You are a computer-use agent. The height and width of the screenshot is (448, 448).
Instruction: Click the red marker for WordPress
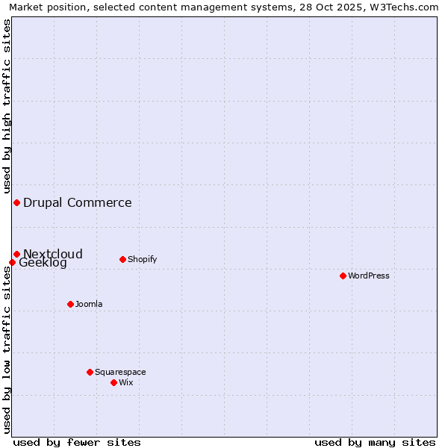tap(343, 276)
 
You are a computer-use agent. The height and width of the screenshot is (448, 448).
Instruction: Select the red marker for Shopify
tap(122, 259)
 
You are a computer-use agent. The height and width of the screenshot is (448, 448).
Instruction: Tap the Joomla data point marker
tap(70, 304)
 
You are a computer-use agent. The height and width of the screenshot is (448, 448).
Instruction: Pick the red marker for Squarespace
tap(90, 372)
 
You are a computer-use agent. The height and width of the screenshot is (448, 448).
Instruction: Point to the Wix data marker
tap(113, 382)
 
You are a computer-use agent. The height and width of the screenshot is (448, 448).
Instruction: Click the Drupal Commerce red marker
tap(16, 202)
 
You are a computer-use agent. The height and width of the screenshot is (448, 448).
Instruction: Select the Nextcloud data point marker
tap(16, 254)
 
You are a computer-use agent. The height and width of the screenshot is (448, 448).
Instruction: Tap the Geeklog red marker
tap(12, 262)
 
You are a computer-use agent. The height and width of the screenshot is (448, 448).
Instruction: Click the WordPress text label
tap(369, 276)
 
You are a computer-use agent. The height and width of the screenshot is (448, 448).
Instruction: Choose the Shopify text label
tap(142, 259)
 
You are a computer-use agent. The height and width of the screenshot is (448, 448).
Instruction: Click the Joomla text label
tap(89, 304)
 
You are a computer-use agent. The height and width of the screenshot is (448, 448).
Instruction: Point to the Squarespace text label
tap(120, 372)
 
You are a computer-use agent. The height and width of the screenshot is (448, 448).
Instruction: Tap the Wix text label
tap(125, 382)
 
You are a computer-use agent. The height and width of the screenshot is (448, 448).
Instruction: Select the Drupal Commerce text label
tap(78, 202)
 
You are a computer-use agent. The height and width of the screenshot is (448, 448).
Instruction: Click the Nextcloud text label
tap(53, 254)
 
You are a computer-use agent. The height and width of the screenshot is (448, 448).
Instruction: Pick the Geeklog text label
tap(43, 263)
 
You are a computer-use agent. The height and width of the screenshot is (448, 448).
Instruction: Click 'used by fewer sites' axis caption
tap(77, 442)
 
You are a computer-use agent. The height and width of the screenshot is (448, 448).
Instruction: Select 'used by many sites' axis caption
tap(375, 442)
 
